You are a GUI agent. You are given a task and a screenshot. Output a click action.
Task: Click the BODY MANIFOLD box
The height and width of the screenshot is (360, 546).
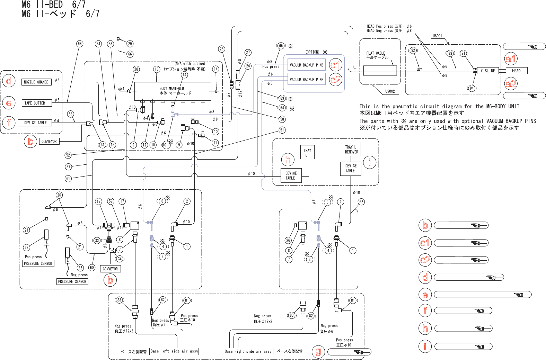(173, 91)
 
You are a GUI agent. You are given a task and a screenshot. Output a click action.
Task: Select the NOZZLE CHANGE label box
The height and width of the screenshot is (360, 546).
(36, 82)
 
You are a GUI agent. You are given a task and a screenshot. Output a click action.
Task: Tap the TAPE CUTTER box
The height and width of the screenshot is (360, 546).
(35, 103)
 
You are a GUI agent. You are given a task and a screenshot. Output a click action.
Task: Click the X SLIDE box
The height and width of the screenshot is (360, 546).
(487, 71)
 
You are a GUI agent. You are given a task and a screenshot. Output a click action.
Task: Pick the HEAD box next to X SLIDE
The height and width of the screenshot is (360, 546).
(516, 71)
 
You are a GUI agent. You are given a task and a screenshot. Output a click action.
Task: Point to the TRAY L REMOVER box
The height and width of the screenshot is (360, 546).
(351, 149)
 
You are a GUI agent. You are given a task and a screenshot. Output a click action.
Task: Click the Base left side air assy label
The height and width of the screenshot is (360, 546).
(174, 351)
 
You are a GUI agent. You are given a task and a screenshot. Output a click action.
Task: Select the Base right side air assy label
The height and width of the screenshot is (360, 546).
(248, 352)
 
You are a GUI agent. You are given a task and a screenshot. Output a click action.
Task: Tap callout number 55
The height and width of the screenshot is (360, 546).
(80, 44)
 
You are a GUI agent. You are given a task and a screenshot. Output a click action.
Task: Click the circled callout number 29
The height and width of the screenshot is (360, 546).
(130, 44)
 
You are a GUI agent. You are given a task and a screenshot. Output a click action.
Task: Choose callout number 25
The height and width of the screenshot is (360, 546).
(222, 49)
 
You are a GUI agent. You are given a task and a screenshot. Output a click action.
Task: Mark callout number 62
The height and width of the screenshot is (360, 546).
(361, 202)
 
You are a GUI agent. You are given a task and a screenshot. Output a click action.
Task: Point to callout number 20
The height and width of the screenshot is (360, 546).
(59, 195)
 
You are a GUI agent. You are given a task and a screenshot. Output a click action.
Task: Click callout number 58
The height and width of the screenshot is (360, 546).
(282, 119)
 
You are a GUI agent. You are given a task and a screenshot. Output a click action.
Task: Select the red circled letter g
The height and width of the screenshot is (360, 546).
(318, 352)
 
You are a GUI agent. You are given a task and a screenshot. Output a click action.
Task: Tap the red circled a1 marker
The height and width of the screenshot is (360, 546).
(511, 59)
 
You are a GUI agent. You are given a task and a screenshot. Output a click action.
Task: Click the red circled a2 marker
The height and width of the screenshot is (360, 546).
(511, 84)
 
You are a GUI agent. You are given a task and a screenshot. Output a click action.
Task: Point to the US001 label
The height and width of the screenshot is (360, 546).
(437, 36)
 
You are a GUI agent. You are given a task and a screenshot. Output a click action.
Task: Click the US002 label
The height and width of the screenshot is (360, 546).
(390, 91)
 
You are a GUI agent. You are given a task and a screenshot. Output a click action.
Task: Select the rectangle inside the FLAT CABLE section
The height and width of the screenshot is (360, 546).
(380, 70)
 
